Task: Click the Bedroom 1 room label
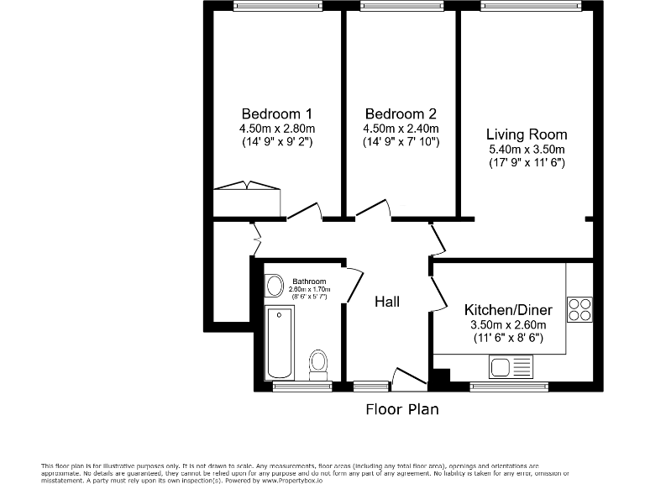(277, 113)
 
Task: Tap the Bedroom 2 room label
(401, 113)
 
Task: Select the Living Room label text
(527, 134)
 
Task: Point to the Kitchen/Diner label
(508, 309)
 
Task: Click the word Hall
(387, 302)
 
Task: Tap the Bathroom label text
(309, 281)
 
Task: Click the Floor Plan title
(402, 409)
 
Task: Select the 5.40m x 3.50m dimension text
(527, 149)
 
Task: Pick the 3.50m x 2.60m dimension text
(508, 324)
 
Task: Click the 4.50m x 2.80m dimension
(277, 129)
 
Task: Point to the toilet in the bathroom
(318, 365)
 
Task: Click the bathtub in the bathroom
(280, 343)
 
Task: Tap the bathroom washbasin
(275, 285)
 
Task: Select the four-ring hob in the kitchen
(579, 309)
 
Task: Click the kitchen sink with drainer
(511, 366)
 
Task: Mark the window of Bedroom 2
(402, 5)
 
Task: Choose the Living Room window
(531, 5)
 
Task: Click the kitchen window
(509, 387)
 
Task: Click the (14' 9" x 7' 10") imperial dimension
(401, 142)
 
